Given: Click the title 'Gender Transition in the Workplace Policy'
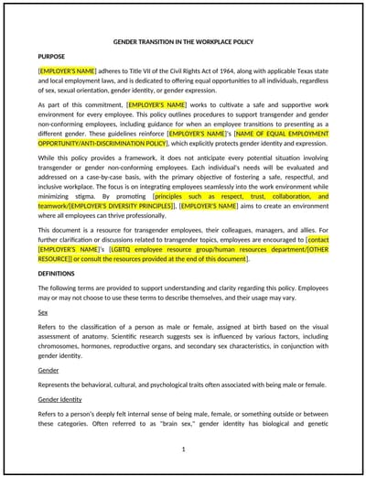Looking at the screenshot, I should point(183,42).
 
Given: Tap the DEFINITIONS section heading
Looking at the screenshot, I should point(57,273).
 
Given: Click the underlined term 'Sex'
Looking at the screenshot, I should point(42,312).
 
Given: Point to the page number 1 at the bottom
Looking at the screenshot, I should point(183,449).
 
